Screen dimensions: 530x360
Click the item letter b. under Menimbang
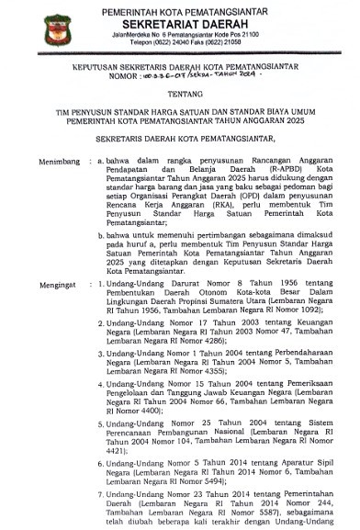(100, 236)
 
